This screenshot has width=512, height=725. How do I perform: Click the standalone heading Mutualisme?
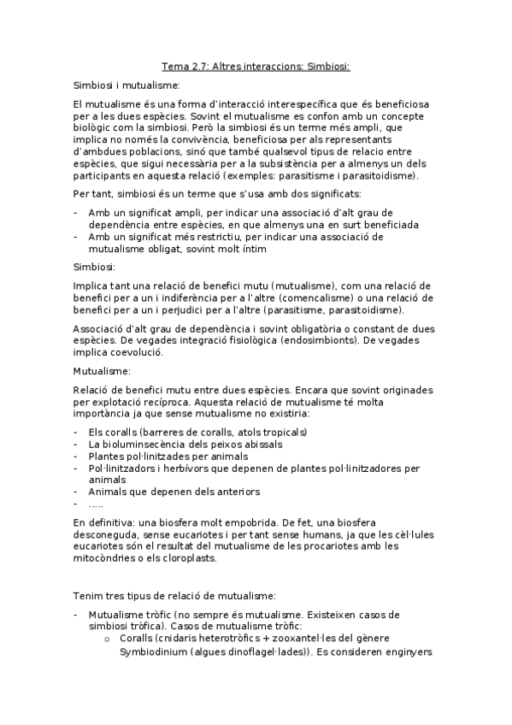[x=102, y=372]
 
